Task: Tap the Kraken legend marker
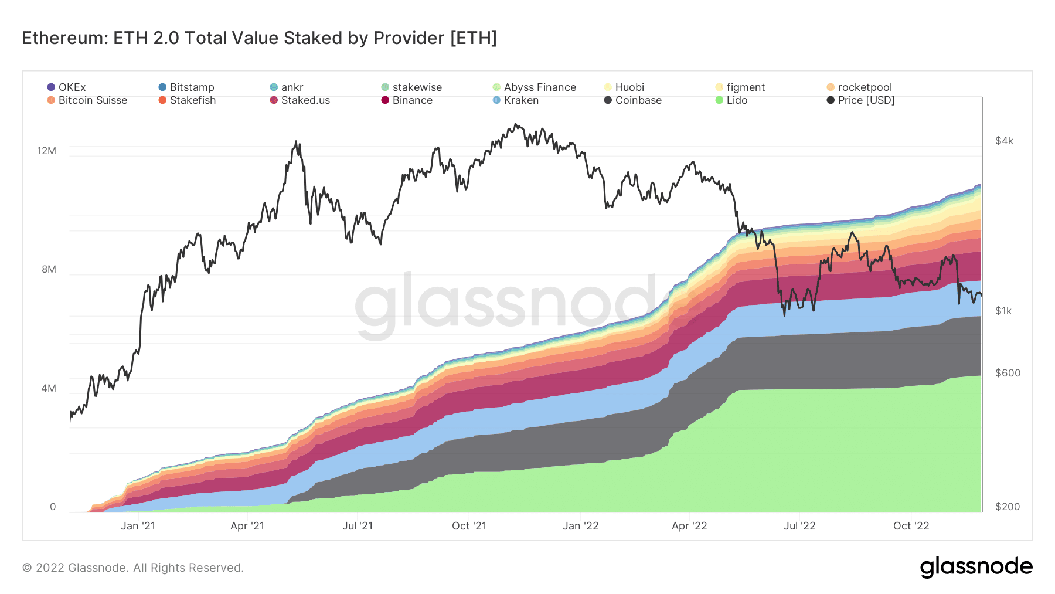(496, 100)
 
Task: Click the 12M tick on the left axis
(46, 151)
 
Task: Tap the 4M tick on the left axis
(49, 388)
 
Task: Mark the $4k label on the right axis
(1004, 141)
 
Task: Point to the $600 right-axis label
(1008, 373)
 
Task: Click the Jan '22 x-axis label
(580, 526)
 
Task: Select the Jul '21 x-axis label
(358, 526)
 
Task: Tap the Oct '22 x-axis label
(911, 526)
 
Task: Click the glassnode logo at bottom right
(976, 567)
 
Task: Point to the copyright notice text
(133, 568)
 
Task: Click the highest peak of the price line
(515, 124)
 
